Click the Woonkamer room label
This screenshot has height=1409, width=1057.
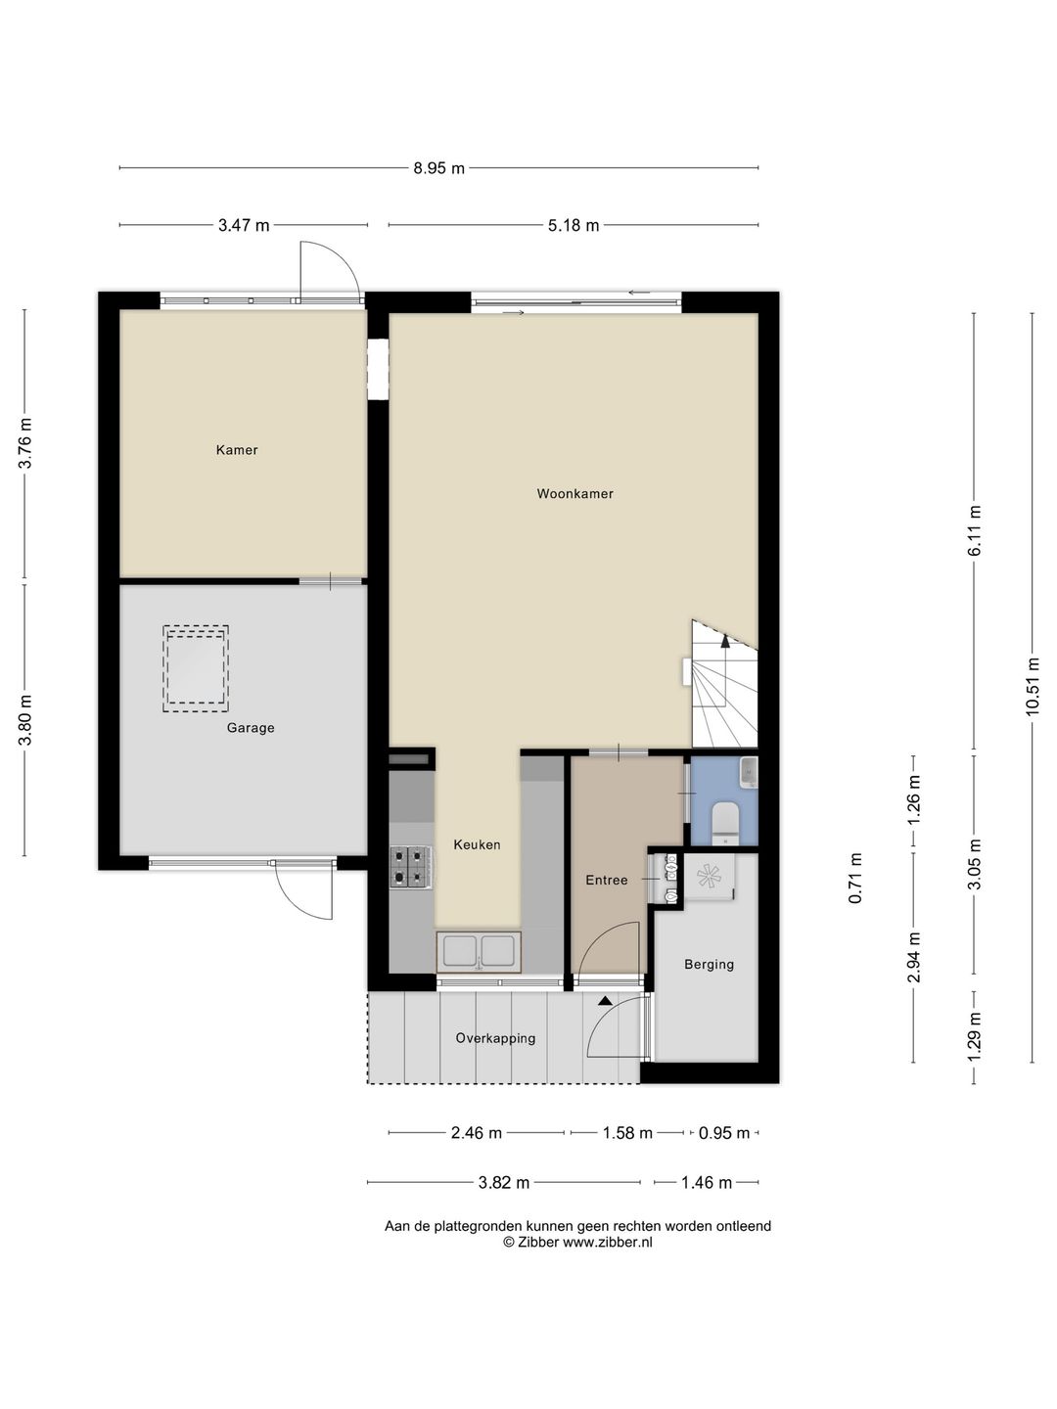pyautogui.click(x=574, y=494)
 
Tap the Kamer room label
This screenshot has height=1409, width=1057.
pyautogui.click(x=237, y=450)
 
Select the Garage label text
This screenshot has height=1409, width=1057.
pyautogui.click(x=251, y=728)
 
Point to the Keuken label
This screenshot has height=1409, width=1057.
pyautogui.click(x=477, y=844)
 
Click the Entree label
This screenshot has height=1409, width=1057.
pyautogui.click(x=606, y=881)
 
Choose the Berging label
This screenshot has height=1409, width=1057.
pyautogui.click(x=709, y=964)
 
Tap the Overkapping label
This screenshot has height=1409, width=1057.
pyautogui.click(x=495, y=1038)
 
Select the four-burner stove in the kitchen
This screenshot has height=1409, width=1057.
pyautogui.click(x=411, y=867)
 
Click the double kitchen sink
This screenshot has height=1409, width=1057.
pyautogui.click(x=479, y=951)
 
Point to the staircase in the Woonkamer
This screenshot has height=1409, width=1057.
pyautogui.click(x=724, y=685)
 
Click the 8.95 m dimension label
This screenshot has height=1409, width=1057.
pyautogui.click(x=438, y=168)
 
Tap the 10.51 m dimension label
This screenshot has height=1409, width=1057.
pyautogui.click(x=1033, y=687)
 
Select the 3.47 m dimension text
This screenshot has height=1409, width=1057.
pyautogui.click(x=244, y=225)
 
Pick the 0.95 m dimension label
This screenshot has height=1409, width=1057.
pyautogui.click(x=723, y=1133)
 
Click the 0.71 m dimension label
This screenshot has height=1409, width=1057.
pyautogui.click(x=855, y=878)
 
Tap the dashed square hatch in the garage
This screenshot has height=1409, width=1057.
pyautogui.click(x=196, y=670)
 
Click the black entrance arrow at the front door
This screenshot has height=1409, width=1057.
pyautogui.click(x=605, y=1001)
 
